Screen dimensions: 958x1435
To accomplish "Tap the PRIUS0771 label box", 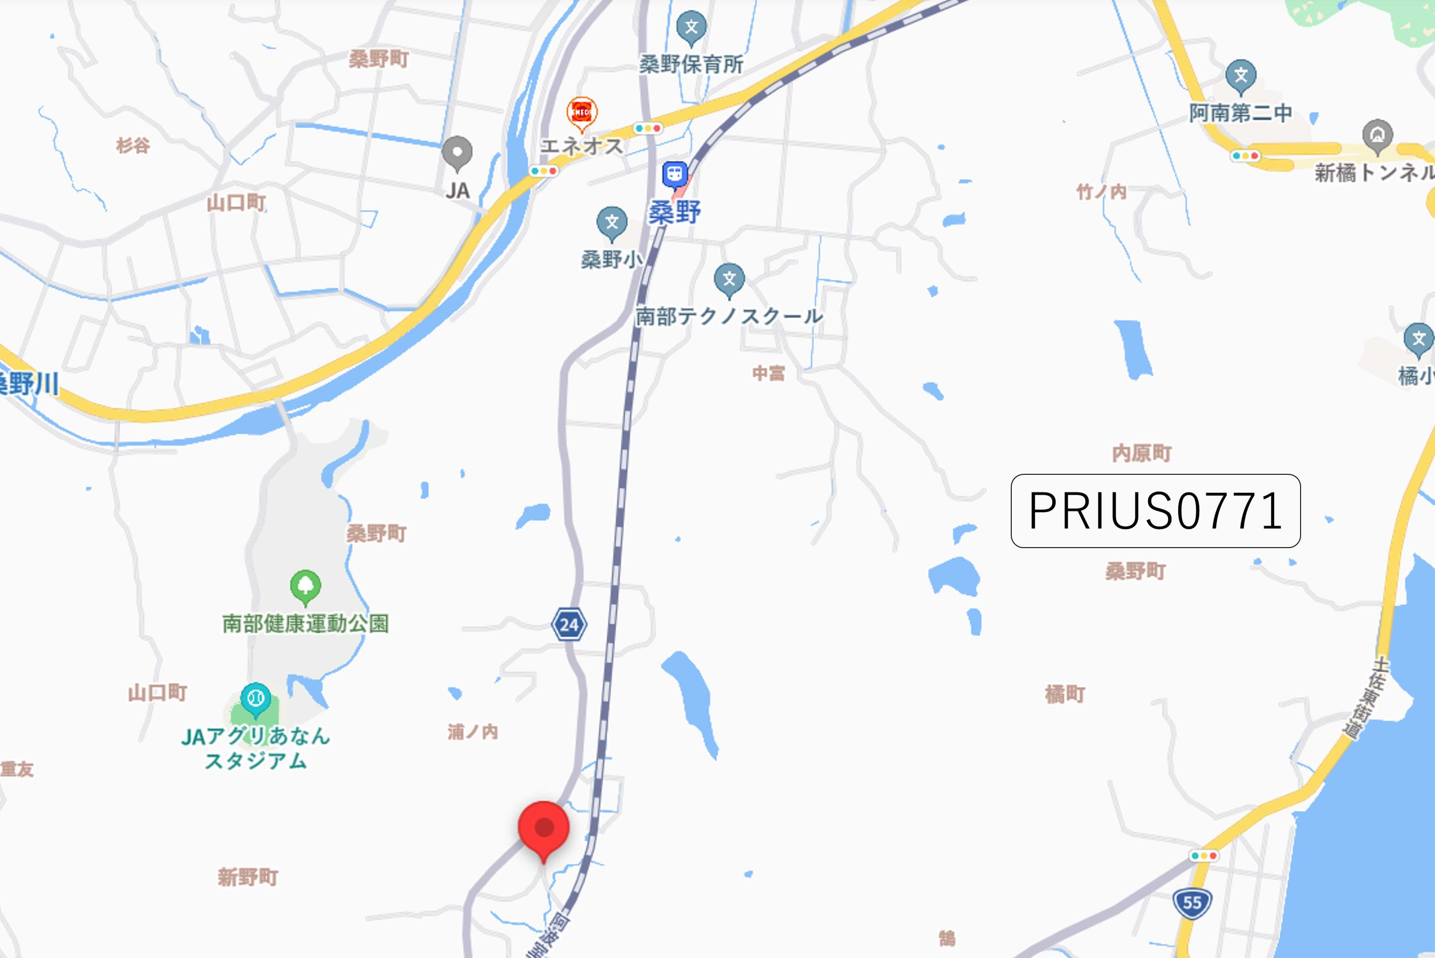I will point(1155,511).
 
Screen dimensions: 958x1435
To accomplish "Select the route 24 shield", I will point(569,624).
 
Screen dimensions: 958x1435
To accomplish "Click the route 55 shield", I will point(1192,902).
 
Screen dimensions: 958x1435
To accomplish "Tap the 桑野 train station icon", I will point(675,174).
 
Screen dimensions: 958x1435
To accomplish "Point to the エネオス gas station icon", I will point(581,113).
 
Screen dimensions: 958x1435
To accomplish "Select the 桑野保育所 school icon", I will point(691,27).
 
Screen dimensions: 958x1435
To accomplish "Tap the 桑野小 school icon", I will point(612,222).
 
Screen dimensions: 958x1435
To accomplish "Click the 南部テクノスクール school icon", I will point(729,279).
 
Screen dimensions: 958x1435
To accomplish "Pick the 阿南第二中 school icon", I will point(1240,75).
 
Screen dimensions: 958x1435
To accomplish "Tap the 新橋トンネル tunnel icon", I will point(1377,135).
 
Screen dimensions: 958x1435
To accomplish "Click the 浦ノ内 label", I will point(472,731).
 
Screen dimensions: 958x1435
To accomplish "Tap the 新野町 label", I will point(247,877).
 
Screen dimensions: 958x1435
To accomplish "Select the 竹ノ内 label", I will point(1101,192).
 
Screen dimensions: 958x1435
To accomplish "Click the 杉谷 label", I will point(133,145).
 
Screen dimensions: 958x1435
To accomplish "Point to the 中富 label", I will point(768,373).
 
